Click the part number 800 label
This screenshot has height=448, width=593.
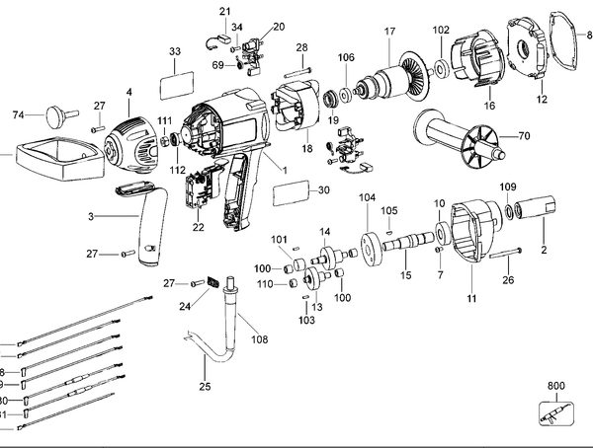(556, 387)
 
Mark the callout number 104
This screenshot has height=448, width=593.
(367, 198)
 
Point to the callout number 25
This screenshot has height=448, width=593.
(206, 386)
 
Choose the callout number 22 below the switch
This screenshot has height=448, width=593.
(199, 227)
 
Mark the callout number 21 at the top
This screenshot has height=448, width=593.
(224, 11)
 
